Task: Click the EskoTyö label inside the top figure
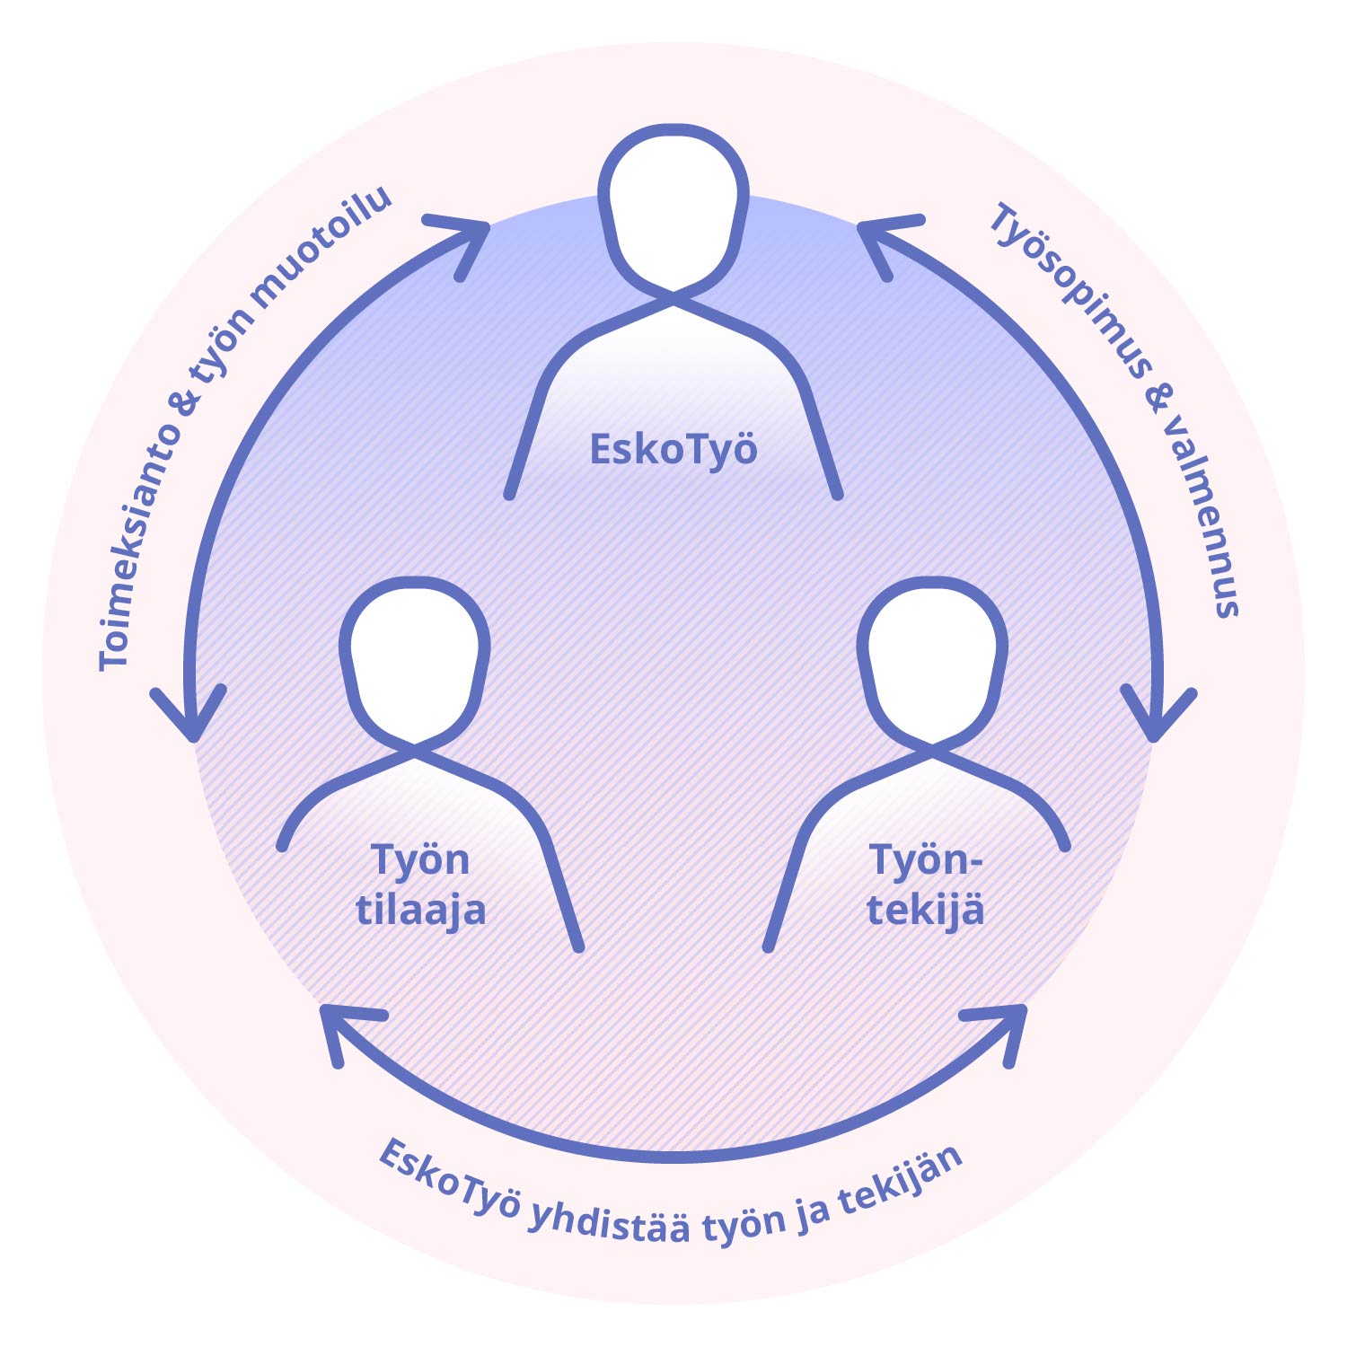(x=673, y=448)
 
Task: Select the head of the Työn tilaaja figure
(x=415, y=660)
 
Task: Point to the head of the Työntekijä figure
(x=932, y=660)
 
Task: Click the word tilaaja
(x=420, y=910)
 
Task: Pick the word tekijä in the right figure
(x=925, y=910)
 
